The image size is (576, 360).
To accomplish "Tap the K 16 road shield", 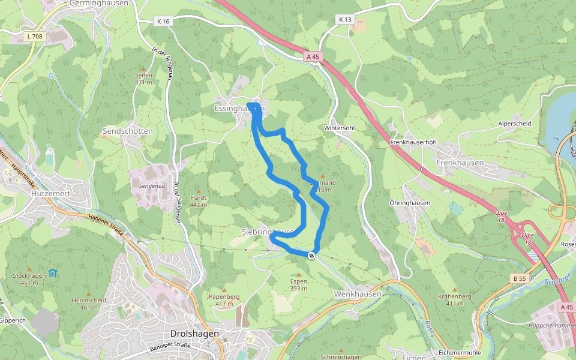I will [x=163, y=21].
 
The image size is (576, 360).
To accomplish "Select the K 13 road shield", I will [x=345, y=19].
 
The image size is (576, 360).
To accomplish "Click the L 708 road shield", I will [x=35, y=37].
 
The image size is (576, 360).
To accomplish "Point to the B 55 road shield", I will [x=520, y=278].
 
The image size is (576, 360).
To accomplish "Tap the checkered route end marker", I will [x=311, y=256].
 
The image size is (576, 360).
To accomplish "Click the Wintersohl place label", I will [x=340, y=128].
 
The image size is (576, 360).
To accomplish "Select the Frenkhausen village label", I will [x=461, y=163].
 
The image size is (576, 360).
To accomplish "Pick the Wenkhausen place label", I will [x=358, y=294].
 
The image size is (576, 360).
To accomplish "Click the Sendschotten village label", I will [x=128, y=131].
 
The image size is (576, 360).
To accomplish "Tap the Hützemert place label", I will [x=52, y=194].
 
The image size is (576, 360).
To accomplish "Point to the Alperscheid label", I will [x=515, y=123].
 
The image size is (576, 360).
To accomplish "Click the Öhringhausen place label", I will [x=410, y=203].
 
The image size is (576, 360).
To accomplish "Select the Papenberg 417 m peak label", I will [x=224, y=300].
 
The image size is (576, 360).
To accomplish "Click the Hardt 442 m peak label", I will [x=199, y=201].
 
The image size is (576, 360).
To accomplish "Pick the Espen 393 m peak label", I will [x=299, y=284].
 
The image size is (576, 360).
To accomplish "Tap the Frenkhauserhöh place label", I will [x=412, y=142].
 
